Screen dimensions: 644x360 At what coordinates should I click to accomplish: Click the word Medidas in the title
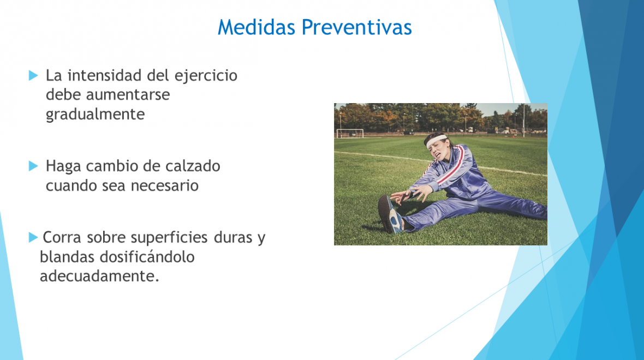click(257, 27)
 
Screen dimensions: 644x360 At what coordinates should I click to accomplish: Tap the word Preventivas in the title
click(356, 27)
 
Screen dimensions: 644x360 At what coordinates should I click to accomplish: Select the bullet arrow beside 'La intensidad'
click(33, 75)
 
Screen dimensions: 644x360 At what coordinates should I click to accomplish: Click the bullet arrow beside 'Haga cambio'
click(33, 166)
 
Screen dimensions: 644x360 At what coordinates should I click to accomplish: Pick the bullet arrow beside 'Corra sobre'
click(33, 237)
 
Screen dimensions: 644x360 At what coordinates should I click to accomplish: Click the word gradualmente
click(96, 115)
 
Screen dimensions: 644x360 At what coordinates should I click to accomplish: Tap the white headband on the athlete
click(436, 140)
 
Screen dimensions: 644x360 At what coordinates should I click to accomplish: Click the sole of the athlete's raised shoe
click(386, 213)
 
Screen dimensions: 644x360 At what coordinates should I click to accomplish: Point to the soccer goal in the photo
click(350, 133)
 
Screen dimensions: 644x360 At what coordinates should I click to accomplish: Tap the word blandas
click(67, 257)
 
